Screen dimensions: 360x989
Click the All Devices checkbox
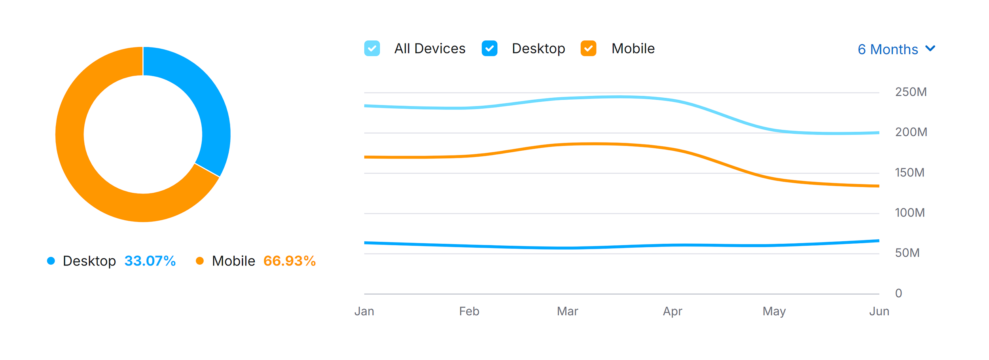pyautogui.click(x=372, y=49)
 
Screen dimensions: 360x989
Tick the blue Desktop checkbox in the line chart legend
pyautogui.click(x=489, y=49)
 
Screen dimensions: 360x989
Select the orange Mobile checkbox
pyautogui.click(x=588, y=49)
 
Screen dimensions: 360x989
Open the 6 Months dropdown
pyautogui.click(x=896, y=49)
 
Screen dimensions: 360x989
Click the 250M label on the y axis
pyautogui.click(x=911, y=92)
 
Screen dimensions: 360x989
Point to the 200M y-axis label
pyautogui.click(x=911, y=132)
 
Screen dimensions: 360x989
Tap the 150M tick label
pyautogui.click(x=909, y=173)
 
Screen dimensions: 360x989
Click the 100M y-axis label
pyautogui.click(x=909, y=213)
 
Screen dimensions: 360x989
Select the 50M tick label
pyautogui.click(x=907, y=253)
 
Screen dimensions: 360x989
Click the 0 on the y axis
pyautogui.click(x=898, y=294)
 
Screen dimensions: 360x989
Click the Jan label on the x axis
pyautogui.click(x=364, y=312)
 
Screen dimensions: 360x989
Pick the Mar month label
pyautogui.click(x=567, y=312)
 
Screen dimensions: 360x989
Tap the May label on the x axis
pyautogui.click(x=774, y=312)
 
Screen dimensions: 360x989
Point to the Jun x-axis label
pyautogui.click(x=879, y=312)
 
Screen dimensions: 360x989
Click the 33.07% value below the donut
pyautogui.click(x=150, y=261)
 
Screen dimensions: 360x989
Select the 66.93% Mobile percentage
pyautogui.click(x=289, y=261)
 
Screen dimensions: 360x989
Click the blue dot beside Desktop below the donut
pyautogui.click(x=51, y=261)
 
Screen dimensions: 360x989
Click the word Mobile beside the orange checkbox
pyautogui.click(x=633, y=49)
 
